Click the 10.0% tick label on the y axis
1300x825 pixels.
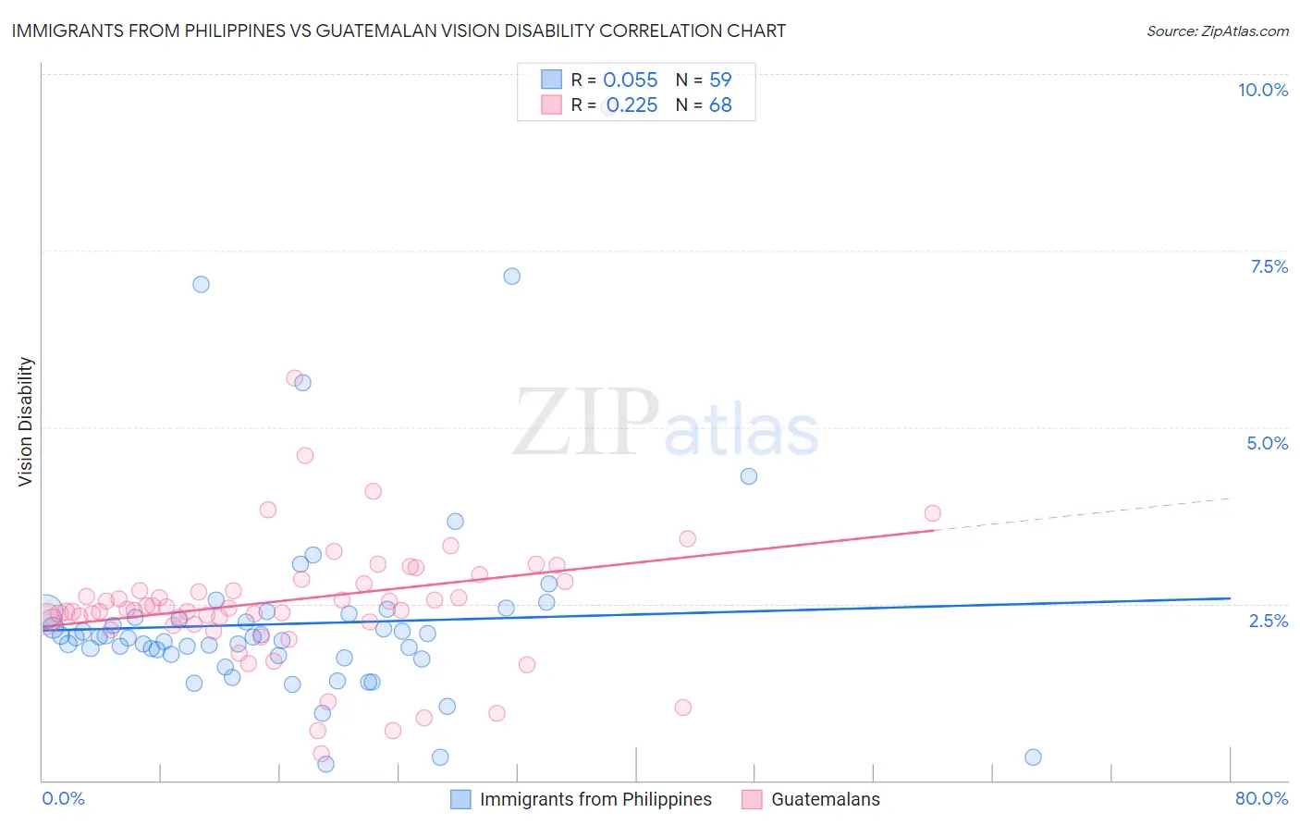tap(1262, 90)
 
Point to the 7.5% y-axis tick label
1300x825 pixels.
tap(1269, 266)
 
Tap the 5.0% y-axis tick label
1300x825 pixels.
tap(1267, 443)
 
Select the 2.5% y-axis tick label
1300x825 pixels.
tap(1268, 621)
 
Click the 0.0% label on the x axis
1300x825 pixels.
tap(64, 798)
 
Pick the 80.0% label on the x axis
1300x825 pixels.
tap(1261, 798)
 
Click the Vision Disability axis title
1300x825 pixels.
tap(26, 422)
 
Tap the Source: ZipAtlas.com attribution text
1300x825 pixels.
tap(1217, 31)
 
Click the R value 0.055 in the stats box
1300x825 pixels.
tap(630, 80)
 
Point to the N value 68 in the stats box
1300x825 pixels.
tap(720, 105)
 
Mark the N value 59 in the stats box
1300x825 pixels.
tap(720, 80)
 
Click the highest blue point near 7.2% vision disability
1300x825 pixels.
tap(511, 277)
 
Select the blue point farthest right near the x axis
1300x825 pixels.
tap(1033, 757)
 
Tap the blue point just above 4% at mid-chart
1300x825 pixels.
tap(749, 476)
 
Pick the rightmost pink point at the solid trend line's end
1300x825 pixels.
tap(932, 513)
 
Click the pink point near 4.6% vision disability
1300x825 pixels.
tap(305, 455)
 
